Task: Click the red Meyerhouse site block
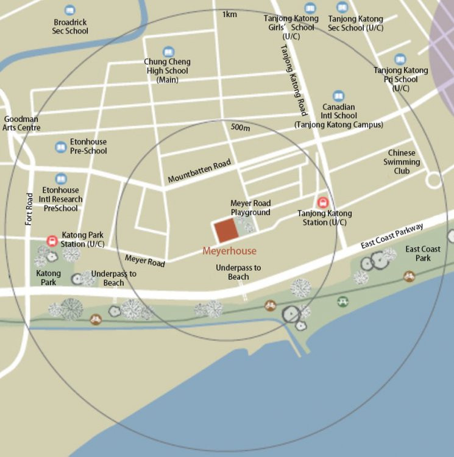(x=226, y=231)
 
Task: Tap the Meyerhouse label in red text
(x=229, y=251)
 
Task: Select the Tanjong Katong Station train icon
(x=322, y=203)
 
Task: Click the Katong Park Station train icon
(x=52, y=241)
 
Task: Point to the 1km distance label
(x=230, y=14)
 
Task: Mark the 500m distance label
(x=241, y=128)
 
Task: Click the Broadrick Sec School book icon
(x=70, y=10)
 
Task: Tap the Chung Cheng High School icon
(x=168, y=52)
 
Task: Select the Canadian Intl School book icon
(x=338, y=96)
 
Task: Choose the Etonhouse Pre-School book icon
(x=60, y=147)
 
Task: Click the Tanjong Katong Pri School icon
(x=400, y=59)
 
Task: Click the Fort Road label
(x=29, y=209)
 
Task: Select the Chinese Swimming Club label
(x=402, y=162)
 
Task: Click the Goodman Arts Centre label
(x=22, y=123)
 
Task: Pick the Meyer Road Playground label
(x=250, y=207)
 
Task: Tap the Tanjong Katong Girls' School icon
(x=310, y=9)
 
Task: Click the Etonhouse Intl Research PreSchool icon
(x=60, y=179)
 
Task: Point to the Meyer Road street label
(x=145, y=261)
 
